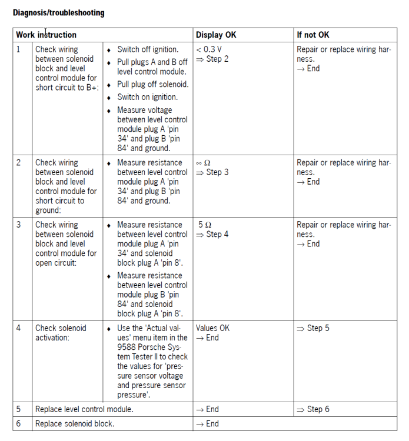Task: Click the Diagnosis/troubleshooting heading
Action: [x=58, y=12]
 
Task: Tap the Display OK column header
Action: [x=216, y=35]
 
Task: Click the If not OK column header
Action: [x=313, y=35]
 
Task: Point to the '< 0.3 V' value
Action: [x=209, y=49]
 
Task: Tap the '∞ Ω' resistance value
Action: [x=203, y=163]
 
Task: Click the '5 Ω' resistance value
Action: [x=205, y=225]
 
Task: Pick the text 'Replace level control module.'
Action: [x=84, y=409]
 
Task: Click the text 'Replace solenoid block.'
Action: [x=75, y=423]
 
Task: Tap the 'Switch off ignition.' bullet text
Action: [x=148, y=49]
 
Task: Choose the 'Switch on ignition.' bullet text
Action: [x=147, y=97]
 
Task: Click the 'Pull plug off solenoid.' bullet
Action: [x=153, y=84]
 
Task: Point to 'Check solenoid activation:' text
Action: [x=61, y=333]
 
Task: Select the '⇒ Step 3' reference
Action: [x=212, y=172]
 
